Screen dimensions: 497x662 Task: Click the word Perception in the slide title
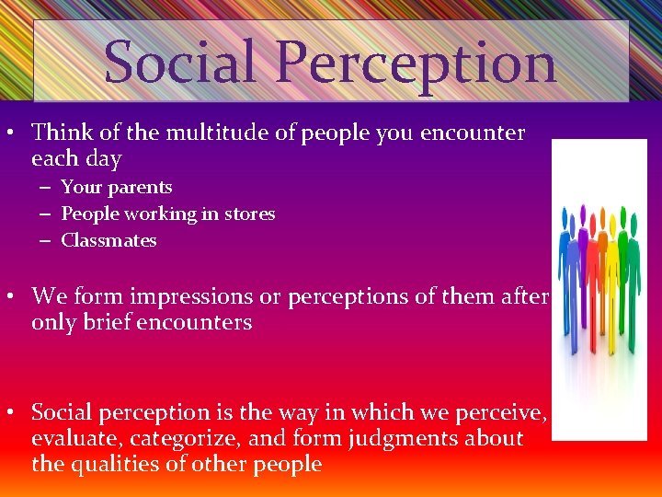(x=415, y=63)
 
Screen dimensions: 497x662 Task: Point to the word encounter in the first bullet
(x=473, y=133)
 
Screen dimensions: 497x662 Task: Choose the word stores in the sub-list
(x=250, y=214)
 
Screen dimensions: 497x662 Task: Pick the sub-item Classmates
(x=108, y=241)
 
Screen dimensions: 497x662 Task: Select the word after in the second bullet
(x=525, y=296)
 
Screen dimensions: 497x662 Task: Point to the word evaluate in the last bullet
(x=69, y=439)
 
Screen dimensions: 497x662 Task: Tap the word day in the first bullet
(x=103, y=159)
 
